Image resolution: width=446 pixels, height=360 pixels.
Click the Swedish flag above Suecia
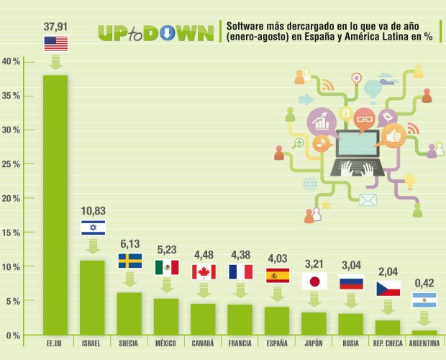(130, 260)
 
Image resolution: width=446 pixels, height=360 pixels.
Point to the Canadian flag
(204, 271)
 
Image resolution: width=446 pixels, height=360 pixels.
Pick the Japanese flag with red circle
(314, 281)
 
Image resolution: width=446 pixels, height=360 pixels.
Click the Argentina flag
(424, 300)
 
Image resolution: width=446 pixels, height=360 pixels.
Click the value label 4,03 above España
(278, 258)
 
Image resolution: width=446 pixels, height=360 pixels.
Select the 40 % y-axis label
(13, 61)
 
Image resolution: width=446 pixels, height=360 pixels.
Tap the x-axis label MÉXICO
(167, 343)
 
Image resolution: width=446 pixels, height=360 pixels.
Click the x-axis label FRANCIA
(240, 343)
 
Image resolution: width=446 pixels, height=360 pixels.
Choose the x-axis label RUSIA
(350, 343)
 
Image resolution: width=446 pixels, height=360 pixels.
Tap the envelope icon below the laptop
(368, 200)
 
